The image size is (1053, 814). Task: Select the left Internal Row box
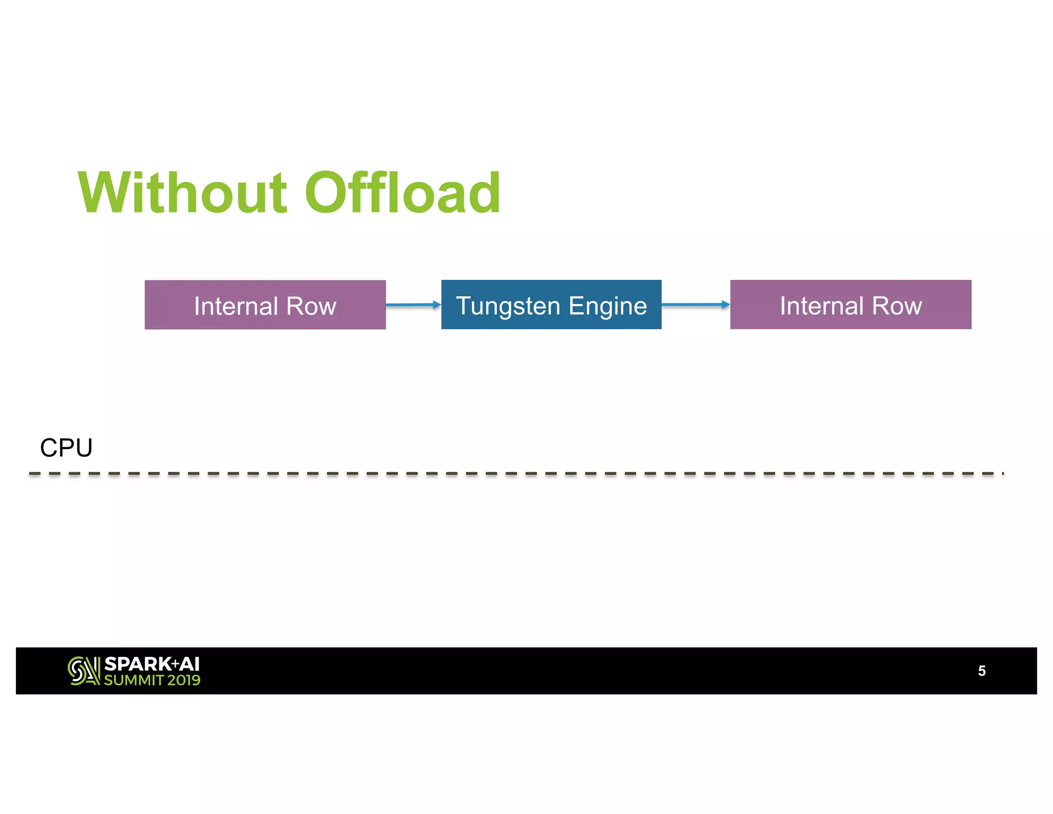pyautogui.click(x=265, y=305)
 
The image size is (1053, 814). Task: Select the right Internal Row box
pyautogui.click(x=850, y=305)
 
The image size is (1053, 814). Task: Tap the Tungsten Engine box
pyautogui.click(x=551, y=305)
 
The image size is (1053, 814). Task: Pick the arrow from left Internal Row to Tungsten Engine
pyautogui.click(x=411, y=305)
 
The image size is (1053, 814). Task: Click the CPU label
pyautogui.click(x=66, y=448)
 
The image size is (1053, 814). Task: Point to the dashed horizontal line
pyautogui.click(x=514, y=473)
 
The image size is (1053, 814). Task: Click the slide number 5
pyautogui.click(x=981, y=671)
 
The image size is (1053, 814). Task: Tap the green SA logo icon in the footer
pyautogui.click(x=83, y=670)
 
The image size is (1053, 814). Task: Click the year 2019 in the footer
pyautogui.click(x=184, y=680)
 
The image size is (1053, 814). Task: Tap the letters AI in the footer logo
pyautogui.click(x=189, y=664)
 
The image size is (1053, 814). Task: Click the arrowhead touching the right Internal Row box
pyautogui.click(x=725, y=305)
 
